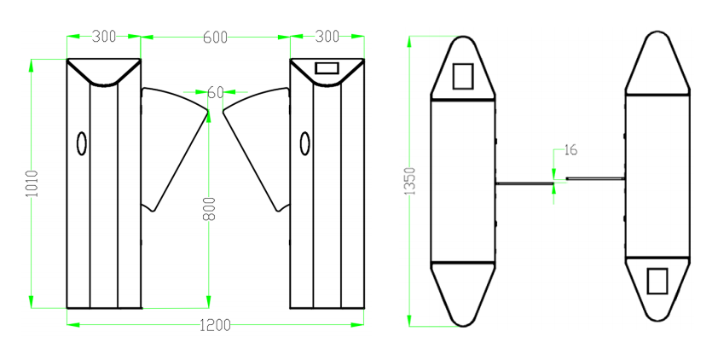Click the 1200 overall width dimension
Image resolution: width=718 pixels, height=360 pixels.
(215, 325)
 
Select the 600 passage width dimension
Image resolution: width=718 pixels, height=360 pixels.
(215, 37)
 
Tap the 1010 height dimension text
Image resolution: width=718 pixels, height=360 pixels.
(32, 183)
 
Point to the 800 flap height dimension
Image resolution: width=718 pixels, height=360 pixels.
(209, 209)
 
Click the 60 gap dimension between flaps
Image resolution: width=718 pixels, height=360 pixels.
(215, 92)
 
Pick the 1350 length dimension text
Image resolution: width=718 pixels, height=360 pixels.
(410, 181)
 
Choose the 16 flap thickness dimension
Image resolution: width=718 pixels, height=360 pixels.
(570, 150)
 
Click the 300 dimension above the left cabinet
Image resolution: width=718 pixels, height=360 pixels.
(104, 36)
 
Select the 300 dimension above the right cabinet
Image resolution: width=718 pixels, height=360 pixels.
(327, 36)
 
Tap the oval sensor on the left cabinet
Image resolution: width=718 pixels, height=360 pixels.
(82, 143)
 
